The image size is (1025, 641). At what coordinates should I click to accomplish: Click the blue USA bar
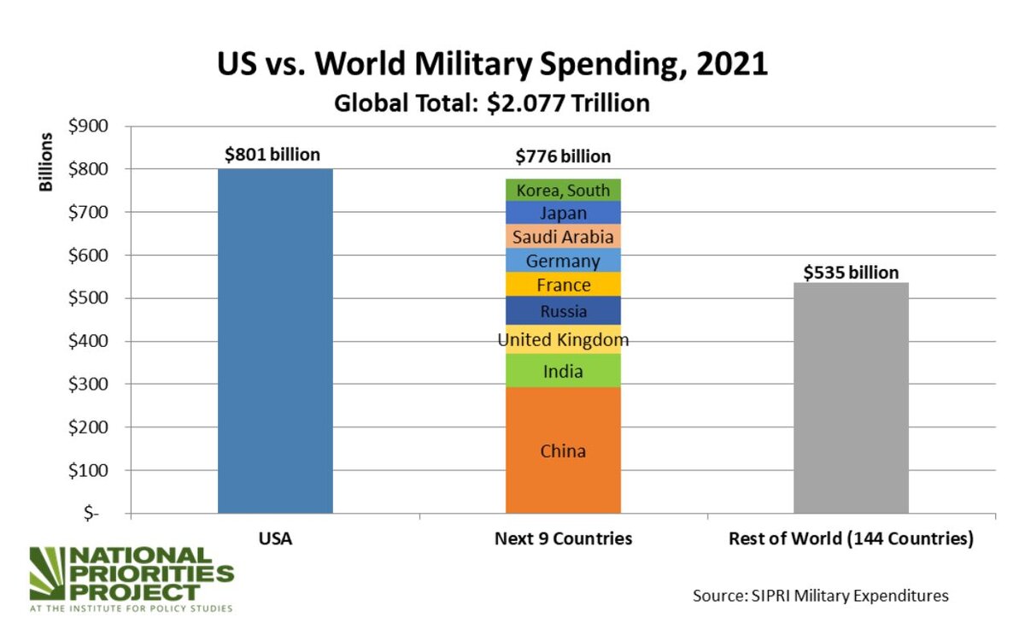point(275,342)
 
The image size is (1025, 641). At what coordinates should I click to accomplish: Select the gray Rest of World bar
point(851,397)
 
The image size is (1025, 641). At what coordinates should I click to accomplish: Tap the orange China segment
point(563,450)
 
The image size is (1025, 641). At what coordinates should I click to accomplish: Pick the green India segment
point(563,371)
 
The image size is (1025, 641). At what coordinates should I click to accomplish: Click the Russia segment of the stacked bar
point(563,311)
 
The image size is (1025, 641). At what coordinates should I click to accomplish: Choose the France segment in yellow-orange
point(563,285)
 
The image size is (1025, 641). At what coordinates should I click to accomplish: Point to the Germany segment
point(563,261)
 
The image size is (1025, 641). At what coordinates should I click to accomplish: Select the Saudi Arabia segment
point(563,237)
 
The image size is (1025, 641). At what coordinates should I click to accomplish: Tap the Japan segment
point(563,213)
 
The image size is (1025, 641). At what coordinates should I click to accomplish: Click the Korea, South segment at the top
point(563,190)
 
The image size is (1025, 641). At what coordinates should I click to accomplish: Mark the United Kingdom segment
point(563,340)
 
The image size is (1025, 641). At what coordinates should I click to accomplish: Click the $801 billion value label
point(272,155)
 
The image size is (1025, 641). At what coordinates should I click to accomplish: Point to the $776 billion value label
point(563,156)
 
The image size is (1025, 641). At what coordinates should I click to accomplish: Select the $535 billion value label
point(851,273)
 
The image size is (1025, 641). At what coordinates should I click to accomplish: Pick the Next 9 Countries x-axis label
point(563,539)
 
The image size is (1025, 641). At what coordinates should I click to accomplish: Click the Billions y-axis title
point(48,162)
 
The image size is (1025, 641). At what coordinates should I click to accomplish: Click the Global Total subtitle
point(491,103)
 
